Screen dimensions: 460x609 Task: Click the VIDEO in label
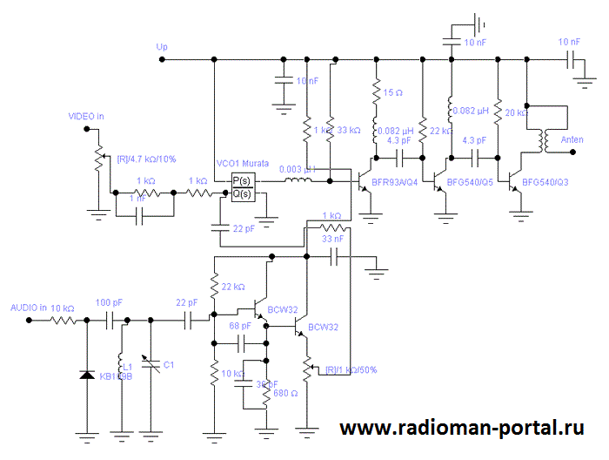(x=86, y=116)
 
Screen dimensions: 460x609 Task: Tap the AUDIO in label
(x=29, y=308)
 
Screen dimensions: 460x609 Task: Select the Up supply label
(x=161, y=46)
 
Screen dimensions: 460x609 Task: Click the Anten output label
(x=572, y=139)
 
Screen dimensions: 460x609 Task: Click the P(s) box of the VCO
(x=241, y=180)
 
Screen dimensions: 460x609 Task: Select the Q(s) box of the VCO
(x=241, y=193)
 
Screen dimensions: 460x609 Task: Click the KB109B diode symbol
(x=86, y=375)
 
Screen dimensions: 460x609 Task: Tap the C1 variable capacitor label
(x=169, y=364)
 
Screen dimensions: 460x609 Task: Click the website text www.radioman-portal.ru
(x=461, y=428)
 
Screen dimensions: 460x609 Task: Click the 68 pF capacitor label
(x=240, y=326)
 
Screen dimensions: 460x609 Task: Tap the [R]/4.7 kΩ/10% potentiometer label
(x=146, y=159)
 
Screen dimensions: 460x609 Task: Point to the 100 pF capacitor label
(x=109, y=302)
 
